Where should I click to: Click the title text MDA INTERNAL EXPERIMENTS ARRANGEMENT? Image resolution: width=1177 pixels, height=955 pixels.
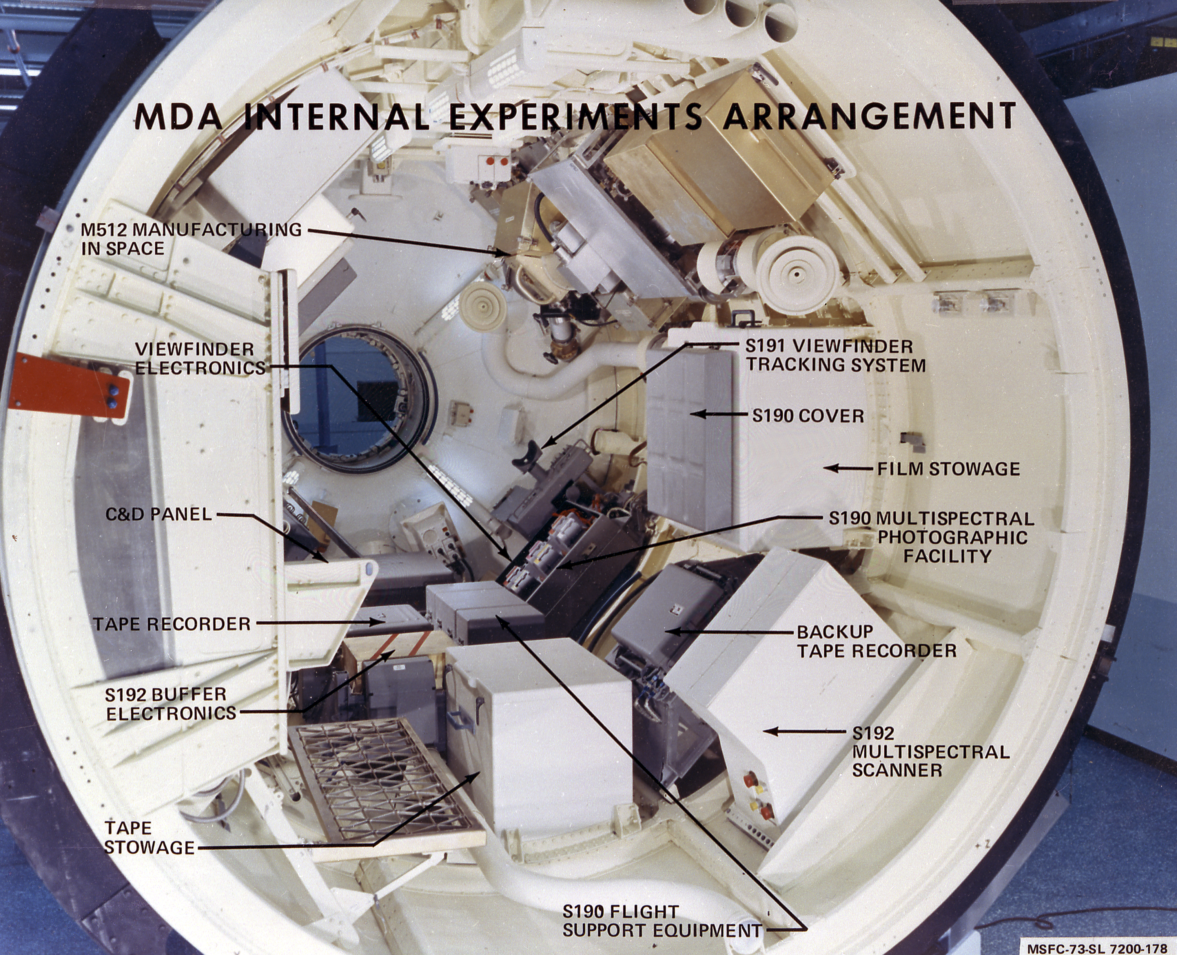pos(575,116)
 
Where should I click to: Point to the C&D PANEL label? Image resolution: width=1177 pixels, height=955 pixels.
pos(159,514)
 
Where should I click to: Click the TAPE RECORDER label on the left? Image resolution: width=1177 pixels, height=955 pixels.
pos(172,624)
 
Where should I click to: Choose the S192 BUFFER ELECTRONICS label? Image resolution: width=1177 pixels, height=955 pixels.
pos(171,704)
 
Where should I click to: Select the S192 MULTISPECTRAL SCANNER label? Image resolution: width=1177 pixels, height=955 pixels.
pos(930,751)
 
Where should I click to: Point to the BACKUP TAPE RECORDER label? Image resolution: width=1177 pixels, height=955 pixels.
pos(876,641)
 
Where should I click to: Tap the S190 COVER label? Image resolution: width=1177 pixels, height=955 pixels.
pos(808,416)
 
